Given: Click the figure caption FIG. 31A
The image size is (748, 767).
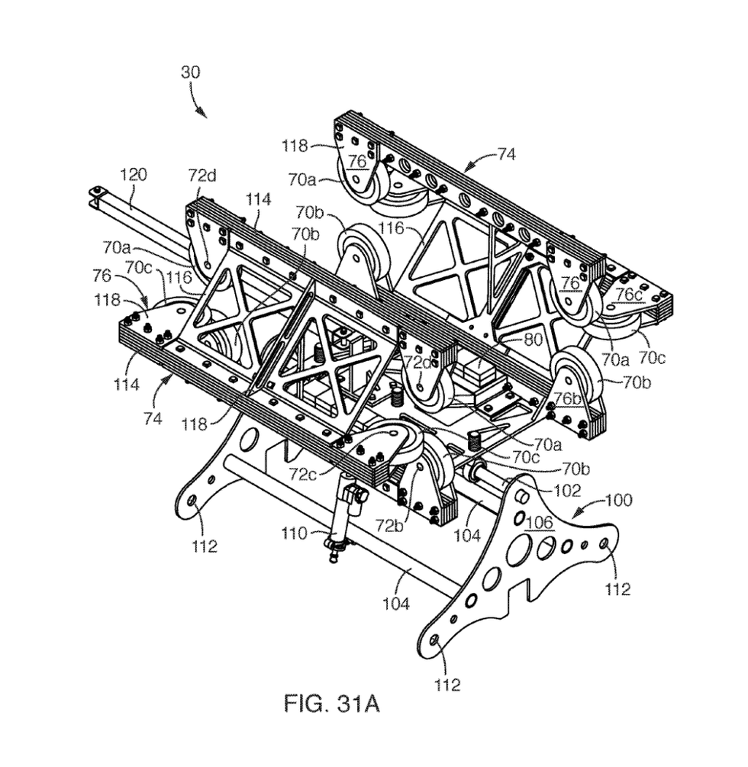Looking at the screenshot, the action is tap(332, 704).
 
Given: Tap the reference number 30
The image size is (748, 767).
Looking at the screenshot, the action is tap(190, 72).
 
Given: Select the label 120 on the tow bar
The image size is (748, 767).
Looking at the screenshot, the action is tap(133, 175).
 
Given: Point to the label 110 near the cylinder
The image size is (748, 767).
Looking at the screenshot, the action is tap(294, 533).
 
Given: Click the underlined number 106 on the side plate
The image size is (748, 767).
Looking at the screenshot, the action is tap(540, 522).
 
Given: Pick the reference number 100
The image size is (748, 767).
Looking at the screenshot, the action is tap(619, 500).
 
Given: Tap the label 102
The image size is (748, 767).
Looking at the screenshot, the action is tap(567, 490).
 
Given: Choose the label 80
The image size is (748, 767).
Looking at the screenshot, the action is tap(534, 339).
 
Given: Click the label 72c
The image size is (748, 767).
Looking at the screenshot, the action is tap(303, 473).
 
